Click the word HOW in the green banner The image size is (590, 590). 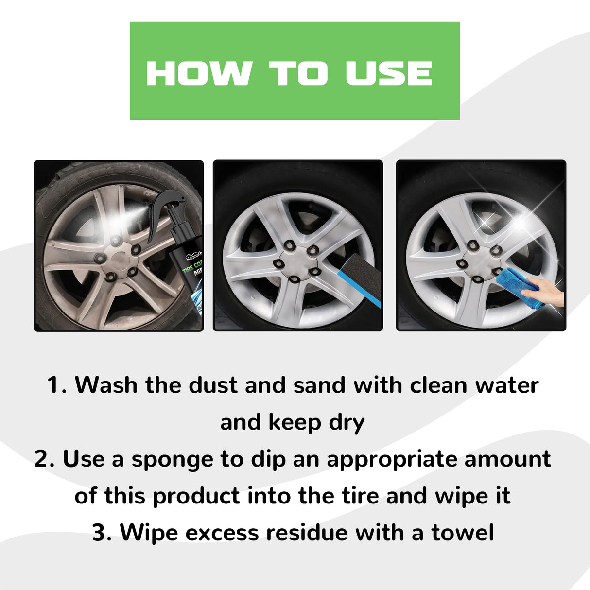198,73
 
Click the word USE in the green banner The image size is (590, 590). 388,73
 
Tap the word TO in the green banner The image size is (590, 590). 298,73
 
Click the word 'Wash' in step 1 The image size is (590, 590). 106,385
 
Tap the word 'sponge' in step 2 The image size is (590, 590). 173,460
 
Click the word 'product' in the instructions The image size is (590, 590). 196,496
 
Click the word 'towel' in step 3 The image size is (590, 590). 462,533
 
